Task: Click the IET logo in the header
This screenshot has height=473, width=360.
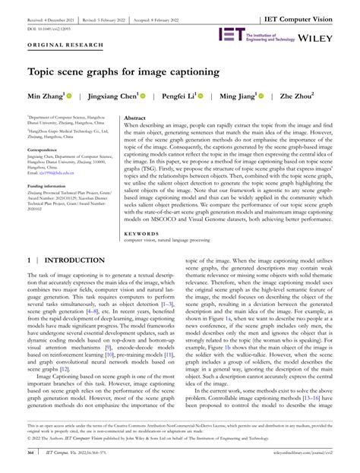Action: coord(231,34)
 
